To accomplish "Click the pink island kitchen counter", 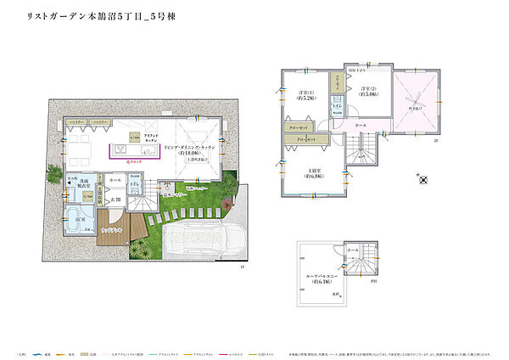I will (136, 152).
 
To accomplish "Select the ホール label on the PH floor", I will (353, 252).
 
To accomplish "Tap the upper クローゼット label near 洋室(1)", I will (299, 127).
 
